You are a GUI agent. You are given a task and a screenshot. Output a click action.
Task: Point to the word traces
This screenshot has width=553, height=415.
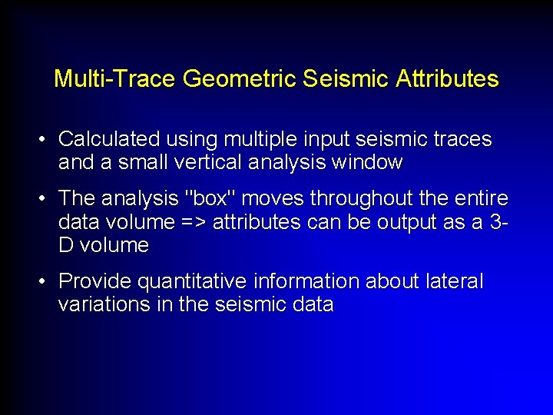pos(459,139)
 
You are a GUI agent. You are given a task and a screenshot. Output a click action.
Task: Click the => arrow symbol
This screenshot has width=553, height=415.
pos(193,222)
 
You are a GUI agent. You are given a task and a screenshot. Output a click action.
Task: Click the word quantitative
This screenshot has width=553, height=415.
pos(180,282)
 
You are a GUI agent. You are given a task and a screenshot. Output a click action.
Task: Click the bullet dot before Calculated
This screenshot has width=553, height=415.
pos(46,140)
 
